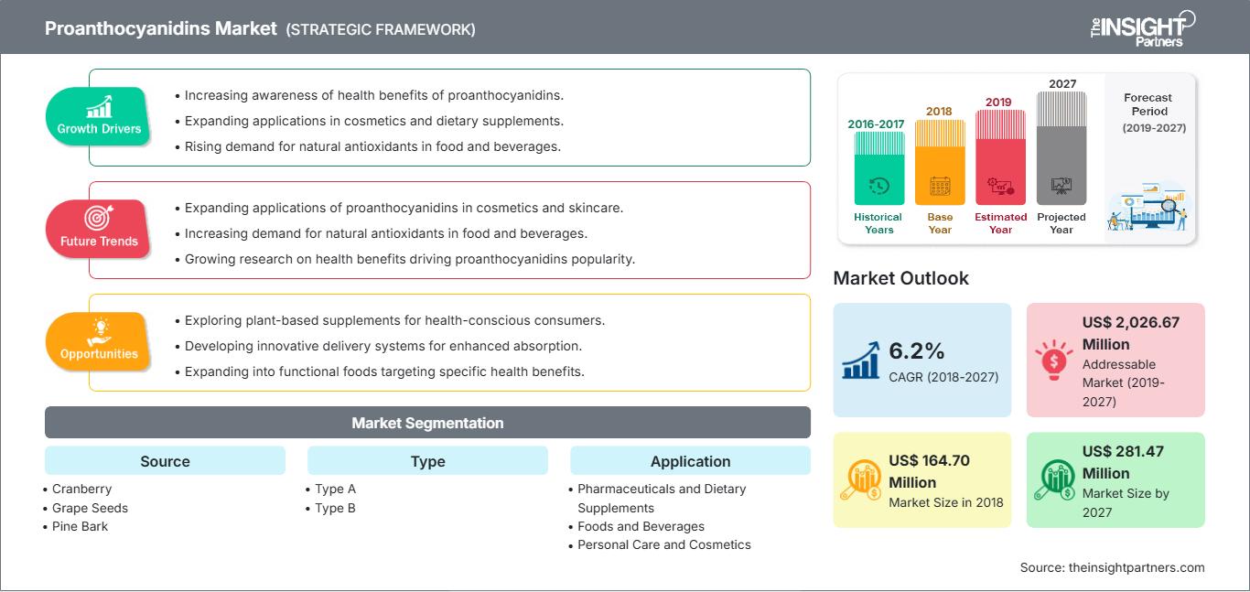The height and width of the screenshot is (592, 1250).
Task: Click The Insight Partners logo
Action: pyautogui.click(x=1142, y=29)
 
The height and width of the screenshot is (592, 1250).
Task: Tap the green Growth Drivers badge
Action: pyautogui.click(x=98, y=116)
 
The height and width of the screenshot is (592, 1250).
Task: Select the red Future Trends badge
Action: pyautogui.click(x=98, y=229)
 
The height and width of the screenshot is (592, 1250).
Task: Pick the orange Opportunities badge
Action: pyautogui.click(x=98, y=341)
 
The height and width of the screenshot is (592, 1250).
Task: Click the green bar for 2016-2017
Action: pyautogui.click(x=878, y=168)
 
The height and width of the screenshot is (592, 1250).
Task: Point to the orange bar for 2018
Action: pyautogui.click(x=940, y=162)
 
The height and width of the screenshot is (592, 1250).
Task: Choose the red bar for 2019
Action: pyautogui.click(x=1000, y=157)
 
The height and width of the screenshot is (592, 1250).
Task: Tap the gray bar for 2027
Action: pyautogui.click(x=1061, y=148)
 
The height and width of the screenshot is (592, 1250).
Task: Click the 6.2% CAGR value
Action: pyautogui.click(x=916, y=351)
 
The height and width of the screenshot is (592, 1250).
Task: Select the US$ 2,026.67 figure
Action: pyautogui.click(x=1130, y=322)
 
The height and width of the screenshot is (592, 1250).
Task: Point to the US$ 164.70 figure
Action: pyautogui.click(x=929, y=460)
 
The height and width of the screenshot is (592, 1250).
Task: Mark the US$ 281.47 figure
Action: pyautogui.click(x=1123, y=451)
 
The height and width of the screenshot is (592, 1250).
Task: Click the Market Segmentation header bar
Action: pyautogui.click(x=427, y=423)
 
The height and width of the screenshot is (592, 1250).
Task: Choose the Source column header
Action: pyautogui.click(x=166, y=461)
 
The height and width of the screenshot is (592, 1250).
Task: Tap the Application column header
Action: pyautogui.click(x=690, y=461)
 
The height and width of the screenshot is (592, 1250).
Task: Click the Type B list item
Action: pyautogui.click(x=330, y=508)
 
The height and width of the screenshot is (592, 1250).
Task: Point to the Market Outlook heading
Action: pyautogui.click(x=900, y=278)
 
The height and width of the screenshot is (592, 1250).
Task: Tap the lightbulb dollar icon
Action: pyautogui.click(x=1053, y=360)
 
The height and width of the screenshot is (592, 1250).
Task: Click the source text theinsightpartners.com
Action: pyautogui.click(x=1137, y=567)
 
